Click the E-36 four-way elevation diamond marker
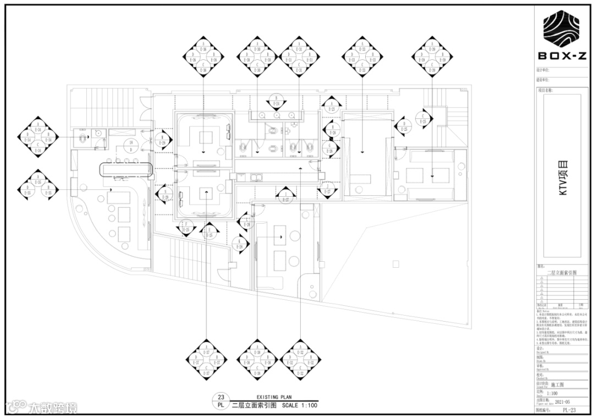click(204, 55)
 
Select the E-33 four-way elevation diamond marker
click(362, 55)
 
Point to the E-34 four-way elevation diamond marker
click(38, 135)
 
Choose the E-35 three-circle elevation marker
click(38, 188)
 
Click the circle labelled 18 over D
click(131, 145)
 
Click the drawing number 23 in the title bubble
click(221, 397)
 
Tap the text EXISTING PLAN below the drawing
click(274, 396)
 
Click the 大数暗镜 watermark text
click(53, 408)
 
